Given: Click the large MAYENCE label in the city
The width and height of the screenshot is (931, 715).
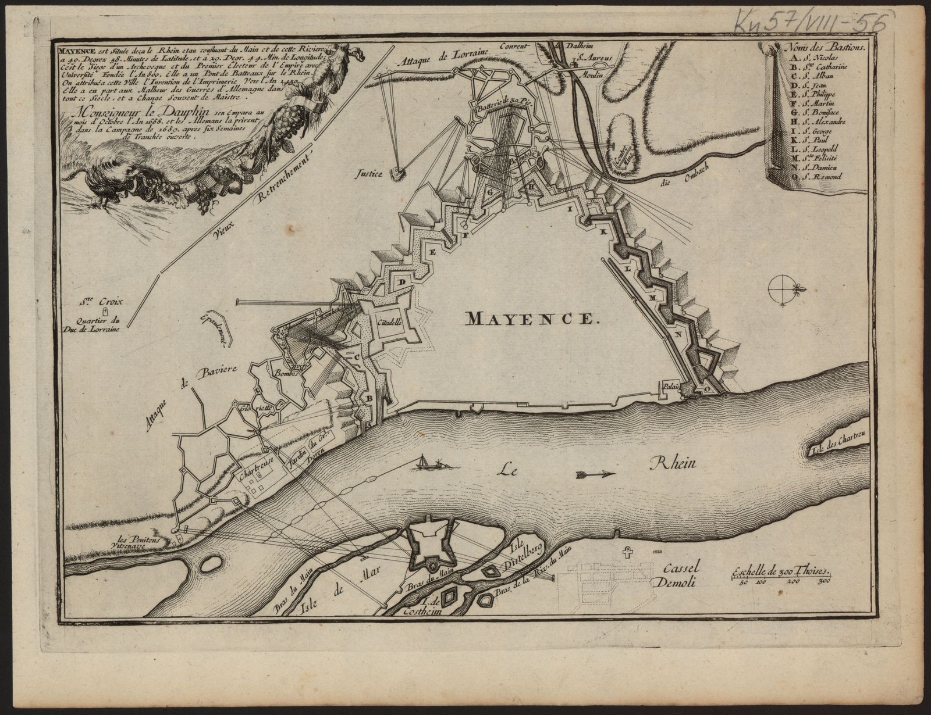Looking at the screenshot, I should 530,318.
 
